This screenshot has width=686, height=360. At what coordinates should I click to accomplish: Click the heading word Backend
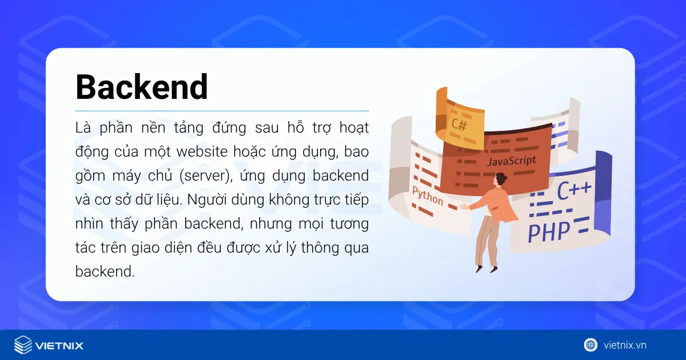(142, 87)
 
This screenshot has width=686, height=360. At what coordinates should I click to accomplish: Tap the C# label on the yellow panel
(459, 123)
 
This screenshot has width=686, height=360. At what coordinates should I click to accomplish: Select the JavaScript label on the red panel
(512, 161)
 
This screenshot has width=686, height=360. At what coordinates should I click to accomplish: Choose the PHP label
(549, 232)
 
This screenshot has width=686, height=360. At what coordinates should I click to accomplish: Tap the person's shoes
(485, 267)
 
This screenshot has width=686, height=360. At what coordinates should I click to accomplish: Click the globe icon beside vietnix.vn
(591, 345)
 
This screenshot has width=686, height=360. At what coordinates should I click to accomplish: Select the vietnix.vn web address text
(625, 345)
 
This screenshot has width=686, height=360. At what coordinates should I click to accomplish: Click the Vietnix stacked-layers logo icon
(23, 345)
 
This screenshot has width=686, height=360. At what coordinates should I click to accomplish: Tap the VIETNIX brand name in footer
(59, 345)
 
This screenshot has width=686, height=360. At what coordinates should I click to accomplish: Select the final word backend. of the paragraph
(105, 271)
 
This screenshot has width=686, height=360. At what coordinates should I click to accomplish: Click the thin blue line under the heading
(222, 111)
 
